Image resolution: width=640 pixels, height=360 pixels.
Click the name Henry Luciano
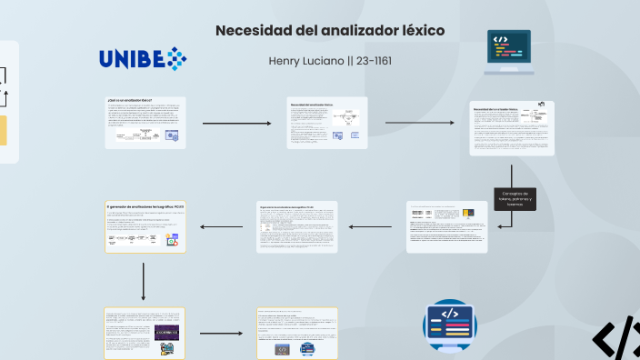[x=303, y=61]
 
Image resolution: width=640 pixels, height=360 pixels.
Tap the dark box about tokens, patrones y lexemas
[x=515, y=198]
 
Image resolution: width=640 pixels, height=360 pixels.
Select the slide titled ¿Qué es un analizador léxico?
[x=145, y=122]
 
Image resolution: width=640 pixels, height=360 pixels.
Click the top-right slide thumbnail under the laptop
[x=512, y=128]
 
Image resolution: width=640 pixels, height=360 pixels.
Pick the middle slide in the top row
[x=327, y=122]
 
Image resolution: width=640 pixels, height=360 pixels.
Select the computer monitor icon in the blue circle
[x=450, y=325]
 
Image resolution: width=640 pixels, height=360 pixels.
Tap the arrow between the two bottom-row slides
[x=220, y=334]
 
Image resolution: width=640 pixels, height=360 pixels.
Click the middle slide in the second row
[x=297, y=226]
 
